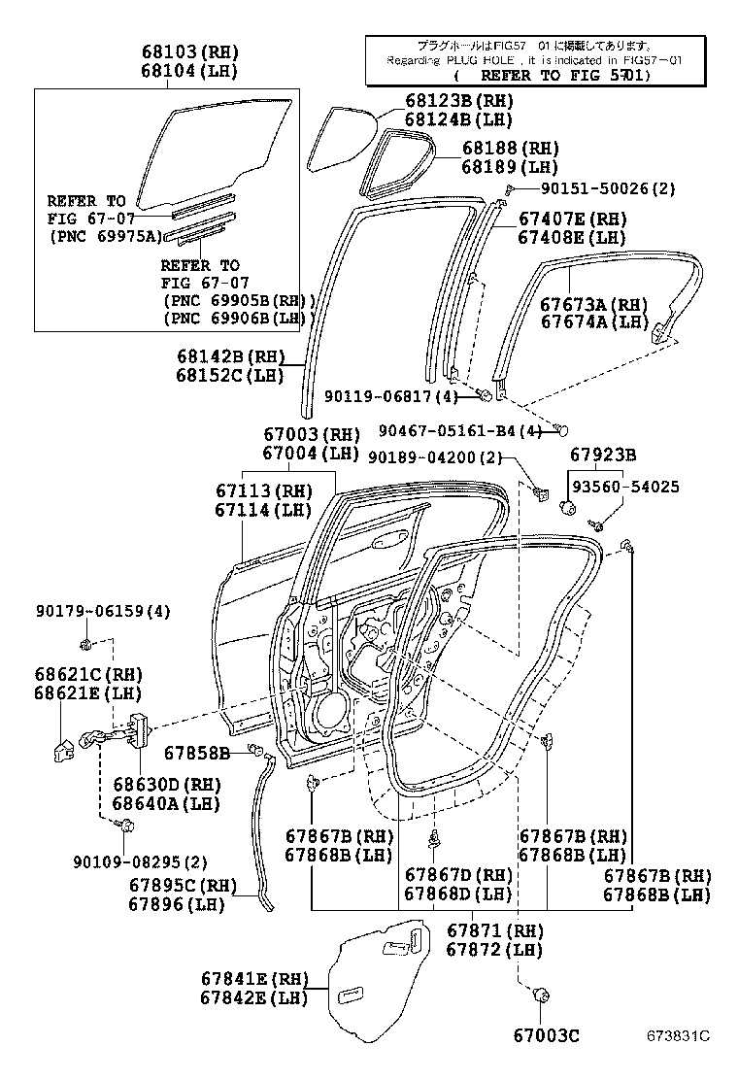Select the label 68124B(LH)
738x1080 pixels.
(458, 119)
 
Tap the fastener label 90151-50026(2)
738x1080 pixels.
(593, 188)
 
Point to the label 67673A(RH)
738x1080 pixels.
(593, 304)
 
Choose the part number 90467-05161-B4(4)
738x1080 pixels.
(459, 431)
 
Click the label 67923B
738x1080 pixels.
(603, 455)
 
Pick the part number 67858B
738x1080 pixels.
(196, 753)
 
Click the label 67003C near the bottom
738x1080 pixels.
(546, 1036)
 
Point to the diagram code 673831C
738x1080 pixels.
(679, 1036)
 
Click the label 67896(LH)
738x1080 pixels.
(177, 903)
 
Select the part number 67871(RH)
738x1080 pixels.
(495, 930)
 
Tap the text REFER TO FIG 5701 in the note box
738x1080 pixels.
(551, 75)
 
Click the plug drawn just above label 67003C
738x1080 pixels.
(540, 994)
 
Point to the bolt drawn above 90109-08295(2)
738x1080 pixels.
(125, 825)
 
